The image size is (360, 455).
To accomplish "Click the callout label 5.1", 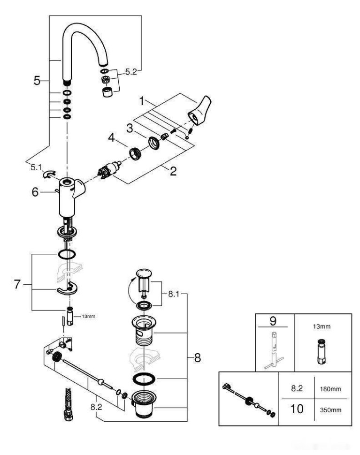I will (x=35, y=167).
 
